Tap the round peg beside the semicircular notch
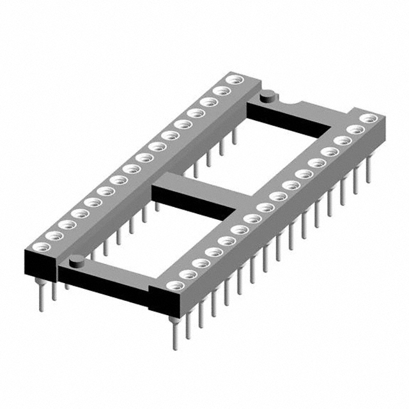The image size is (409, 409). (x=267, y=96)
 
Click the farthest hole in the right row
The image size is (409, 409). (x=367, y=119)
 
